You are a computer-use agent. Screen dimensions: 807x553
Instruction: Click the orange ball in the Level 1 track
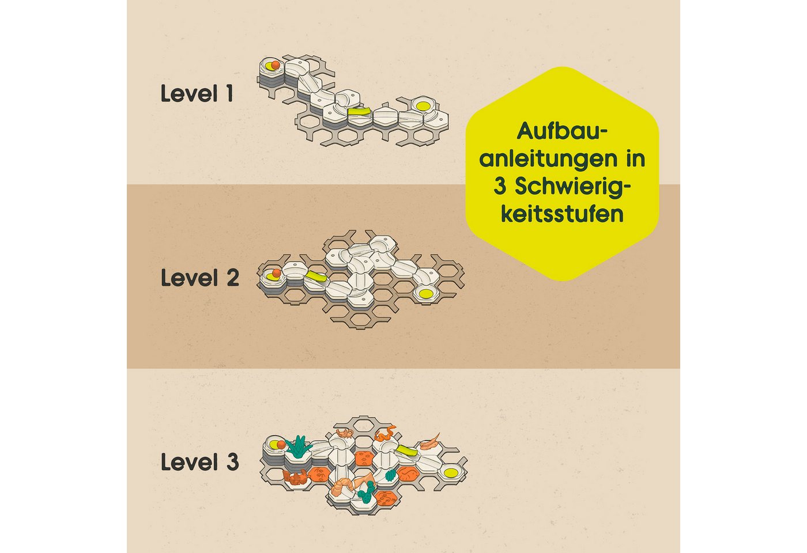(276, 65)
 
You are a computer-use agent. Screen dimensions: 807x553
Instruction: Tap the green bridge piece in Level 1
(359, 111)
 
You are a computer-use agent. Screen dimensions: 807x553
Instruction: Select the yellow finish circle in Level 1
(423, 106)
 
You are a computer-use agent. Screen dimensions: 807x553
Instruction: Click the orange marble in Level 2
(276, 273)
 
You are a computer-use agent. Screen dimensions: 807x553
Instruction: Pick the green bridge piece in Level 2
(316, 276)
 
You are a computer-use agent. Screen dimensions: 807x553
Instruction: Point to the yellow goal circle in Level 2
(426, 294)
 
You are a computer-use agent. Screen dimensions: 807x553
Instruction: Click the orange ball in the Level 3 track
(281, 445)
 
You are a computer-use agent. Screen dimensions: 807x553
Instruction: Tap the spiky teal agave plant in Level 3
(298, 446)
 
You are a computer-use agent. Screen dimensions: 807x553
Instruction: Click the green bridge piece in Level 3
(406, 450)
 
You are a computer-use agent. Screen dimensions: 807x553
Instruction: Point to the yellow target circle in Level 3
(450, 472)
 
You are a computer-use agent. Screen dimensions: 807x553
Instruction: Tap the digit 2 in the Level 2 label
(233, 278)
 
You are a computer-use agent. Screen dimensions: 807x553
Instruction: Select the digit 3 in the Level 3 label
(233, 462)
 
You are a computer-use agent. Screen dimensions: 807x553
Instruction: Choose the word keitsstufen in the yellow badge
(562, 214)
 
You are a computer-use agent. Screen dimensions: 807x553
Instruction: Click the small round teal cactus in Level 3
(390, 475)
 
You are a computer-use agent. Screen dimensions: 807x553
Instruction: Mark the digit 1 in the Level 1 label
(229, 93)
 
